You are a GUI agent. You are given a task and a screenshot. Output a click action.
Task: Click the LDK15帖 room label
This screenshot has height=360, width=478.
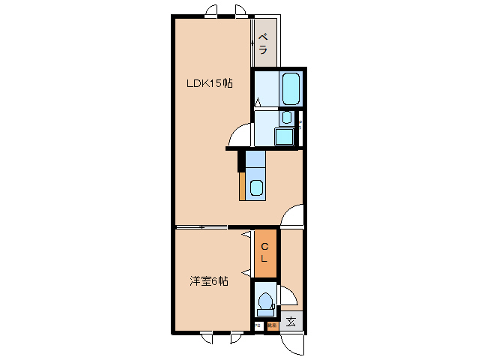[209, 84]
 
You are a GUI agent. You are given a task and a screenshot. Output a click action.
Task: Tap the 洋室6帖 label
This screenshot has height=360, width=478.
[209, 281]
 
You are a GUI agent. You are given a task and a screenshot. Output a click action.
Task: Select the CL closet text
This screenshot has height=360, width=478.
[265, 253]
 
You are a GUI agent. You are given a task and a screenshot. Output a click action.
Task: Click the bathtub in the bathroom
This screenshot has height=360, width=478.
[291, 89]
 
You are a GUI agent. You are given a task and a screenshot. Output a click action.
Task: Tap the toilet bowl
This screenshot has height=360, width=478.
[264, 301]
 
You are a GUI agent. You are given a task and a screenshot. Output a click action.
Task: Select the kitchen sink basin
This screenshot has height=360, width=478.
[256, 188]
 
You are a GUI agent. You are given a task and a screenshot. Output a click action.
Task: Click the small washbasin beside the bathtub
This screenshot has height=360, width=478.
[286, 118]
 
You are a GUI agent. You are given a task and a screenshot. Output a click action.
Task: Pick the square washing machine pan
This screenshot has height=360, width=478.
[284, 137]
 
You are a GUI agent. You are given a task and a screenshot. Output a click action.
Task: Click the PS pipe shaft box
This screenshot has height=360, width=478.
[258, 325]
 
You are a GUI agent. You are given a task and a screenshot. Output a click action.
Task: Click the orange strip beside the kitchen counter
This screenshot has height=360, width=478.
[242, 186]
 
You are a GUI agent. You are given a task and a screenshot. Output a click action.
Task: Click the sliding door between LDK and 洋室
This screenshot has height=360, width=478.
[202, 226]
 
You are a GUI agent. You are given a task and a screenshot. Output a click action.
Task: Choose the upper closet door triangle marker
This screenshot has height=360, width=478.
[246, 235]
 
